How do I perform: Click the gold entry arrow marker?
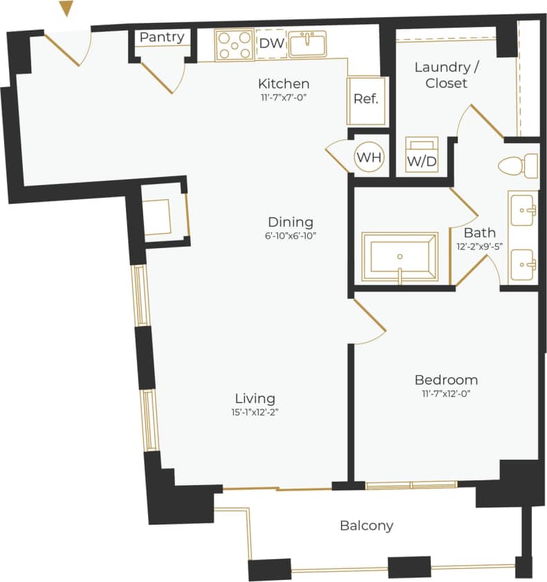tap(66, 8)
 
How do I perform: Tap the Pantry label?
tap(163, 37)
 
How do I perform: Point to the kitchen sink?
tap(308, 44)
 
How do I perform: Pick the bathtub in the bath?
tap(400, 257)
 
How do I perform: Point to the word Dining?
tap(290, 222)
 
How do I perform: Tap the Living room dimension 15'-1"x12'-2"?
tap(255, 412)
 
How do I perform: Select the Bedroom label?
tap(446, 379)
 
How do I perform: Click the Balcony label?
tap(367, 525)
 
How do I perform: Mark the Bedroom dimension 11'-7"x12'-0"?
tap(446, 394)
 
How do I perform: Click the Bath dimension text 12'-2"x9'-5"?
tap(479, 246)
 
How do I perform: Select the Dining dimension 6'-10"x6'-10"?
tap(290, 236)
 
